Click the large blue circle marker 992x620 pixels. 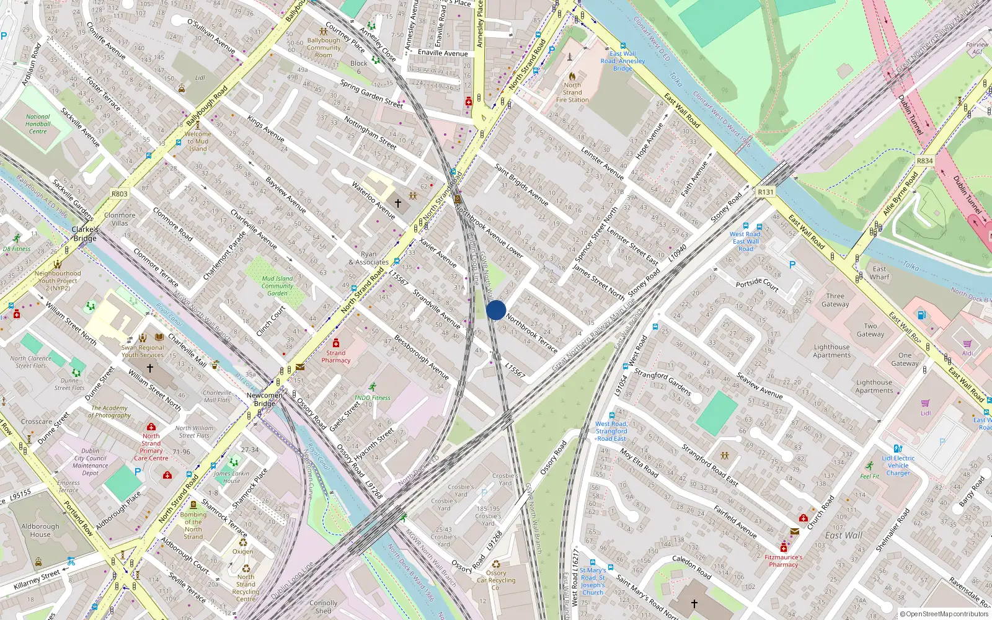coord(496,310)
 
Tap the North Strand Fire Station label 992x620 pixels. coord(572,92)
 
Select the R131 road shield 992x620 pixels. coord(766,192)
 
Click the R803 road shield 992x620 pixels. coord(120,194)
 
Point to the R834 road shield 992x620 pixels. coord(924,161)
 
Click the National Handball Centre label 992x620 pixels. coord(38,124)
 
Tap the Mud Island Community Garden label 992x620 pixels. coord(277,286)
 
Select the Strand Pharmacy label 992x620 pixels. coord(336,356)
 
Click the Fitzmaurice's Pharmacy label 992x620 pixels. coord(784,561)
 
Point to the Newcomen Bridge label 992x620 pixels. coord(265,399)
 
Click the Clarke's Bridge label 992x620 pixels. coord(85,234)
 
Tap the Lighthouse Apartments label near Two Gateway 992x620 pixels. coord(832,351)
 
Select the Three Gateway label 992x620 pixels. coord(835,300)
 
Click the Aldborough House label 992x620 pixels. coord(40,530)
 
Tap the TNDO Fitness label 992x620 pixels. coord(372,397)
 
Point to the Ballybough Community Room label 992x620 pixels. coord(324,48)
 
